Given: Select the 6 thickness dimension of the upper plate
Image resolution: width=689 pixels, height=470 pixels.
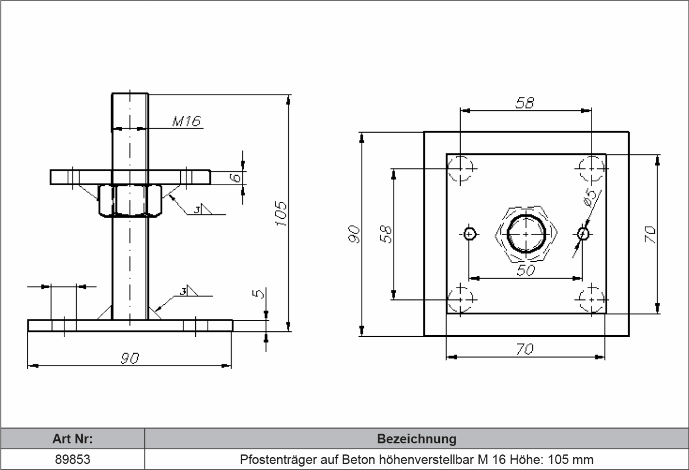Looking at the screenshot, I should [x=237, y=177].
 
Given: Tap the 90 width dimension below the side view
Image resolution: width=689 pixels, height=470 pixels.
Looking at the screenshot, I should [x=130, y=359].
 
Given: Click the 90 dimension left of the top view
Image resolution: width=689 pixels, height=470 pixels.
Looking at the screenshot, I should [x=354, y=234].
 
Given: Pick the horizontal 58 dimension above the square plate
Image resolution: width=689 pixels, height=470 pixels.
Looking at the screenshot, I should [x=525, y=102].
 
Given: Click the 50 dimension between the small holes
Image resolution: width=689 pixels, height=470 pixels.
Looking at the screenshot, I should [x=525, y=270].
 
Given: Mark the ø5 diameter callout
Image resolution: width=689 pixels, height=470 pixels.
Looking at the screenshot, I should [x=590, y=198].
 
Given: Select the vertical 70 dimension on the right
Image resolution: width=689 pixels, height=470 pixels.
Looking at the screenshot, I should [x=649, y=233].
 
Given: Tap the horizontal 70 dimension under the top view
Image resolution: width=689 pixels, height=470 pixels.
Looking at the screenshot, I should [x=525, y=349].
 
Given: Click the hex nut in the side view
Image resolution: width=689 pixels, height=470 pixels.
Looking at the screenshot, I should [x=130, y=201].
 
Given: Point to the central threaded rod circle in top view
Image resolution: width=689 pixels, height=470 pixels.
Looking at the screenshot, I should [x=526, y=233].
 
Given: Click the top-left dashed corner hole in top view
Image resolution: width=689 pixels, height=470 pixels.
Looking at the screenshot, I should [x=461, y=169].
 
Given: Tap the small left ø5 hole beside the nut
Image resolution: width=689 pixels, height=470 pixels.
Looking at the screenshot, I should [x=470, y=233].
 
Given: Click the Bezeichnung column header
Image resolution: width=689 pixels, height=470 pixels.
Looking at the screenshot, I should [x=416, y=438].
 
